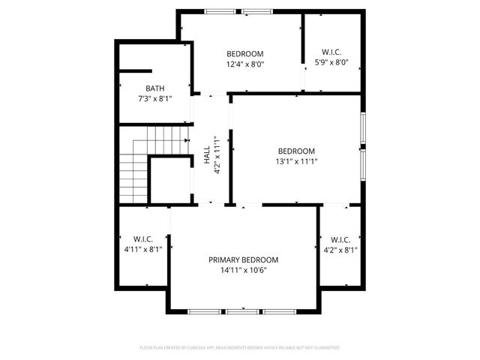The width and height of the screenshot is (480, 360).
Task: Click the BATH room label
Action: (x=154, y=88)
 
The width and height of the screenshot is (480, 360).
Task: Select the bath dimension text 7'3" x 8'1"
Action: (x=154, y=98)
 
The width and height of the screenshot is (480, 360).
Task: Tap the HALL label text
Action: (x=207, y=155)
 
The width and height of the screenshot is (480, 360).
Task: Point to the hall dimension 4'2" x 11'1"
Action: (x=217, y=155)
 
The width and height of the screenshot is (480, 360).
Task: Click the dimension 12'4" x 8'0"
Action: (x=245, y=64)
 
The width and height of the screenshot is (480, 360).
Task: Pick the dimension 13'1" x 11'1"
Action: (x=296, y=160)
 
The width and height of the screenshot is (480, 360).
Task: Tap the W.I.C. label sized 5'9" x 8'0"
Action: (x=331, y=52)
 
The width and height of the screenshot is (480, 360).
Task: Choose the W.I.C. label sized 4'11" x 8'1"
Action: (x=143, y=239)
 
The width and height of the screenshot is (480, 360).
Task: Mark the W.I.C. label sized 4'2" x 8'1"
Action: (x=340, y=239)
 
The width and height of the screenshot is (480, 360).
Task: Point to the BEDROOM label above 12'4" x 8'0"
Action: (x=245, y=53)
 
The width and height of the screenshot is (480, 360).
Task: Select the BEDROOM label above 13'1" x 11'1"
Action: (x=296, y=150)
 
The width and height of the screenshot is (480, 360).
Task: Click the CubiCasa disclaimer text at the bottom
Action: (x=240, y=348)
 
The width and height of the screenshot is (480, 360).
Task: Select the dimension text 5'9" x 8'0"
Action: (x=331, y=62)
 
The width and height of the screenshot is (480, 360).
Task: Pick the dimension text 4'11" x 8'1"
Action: (x=143, y=250)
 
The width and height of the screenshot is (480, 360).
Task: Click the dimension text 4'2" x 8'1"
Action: (x=340, y=250)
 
